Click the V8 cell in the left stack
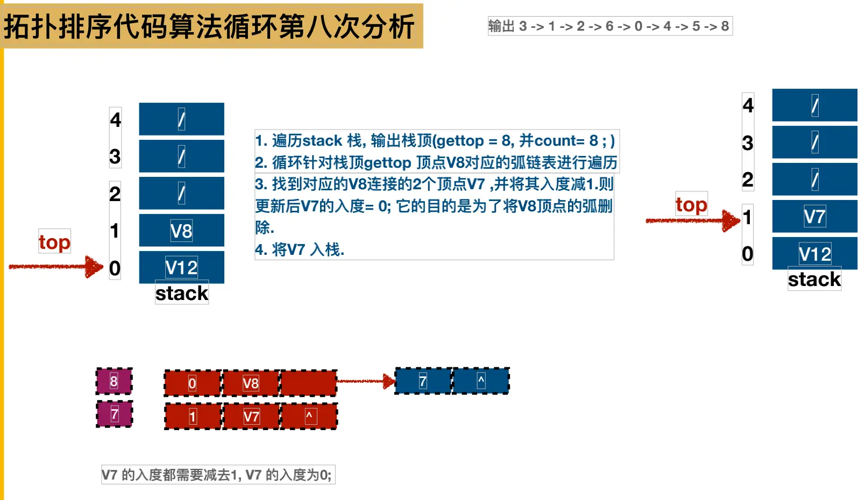click(x=181, y=231)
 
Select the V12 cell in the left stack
click(x=181, y=267)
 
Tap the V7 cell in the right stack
click(x=814, y=217)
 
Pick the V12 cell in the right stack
click(x=814, y=254)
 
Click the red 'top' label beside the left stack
click(x=54, y=242)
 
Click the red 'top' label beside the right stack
click(x=691, y=204)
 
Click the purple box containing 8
click(x=114, y=381)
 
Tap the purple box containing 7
click(x=114, y=415)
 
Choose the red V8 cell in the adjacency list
click(x=251, y=383)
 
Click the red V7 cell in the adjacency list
click(x=251, y=417)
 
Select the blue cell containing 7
click(x=423, y=381)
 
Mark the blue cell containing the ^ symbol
click(x=481, y=381)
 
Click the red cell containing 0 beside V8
click(x=193, y=383)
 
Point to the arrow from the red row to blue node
click(x=366, y=381)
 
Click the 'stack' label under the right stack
click(x=814, y=279)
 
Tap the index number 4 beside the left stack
click(x=115, y=119)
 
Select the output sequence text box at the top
click(x=609, y=26)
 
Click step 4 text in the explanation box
click(x=300, y=249)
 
